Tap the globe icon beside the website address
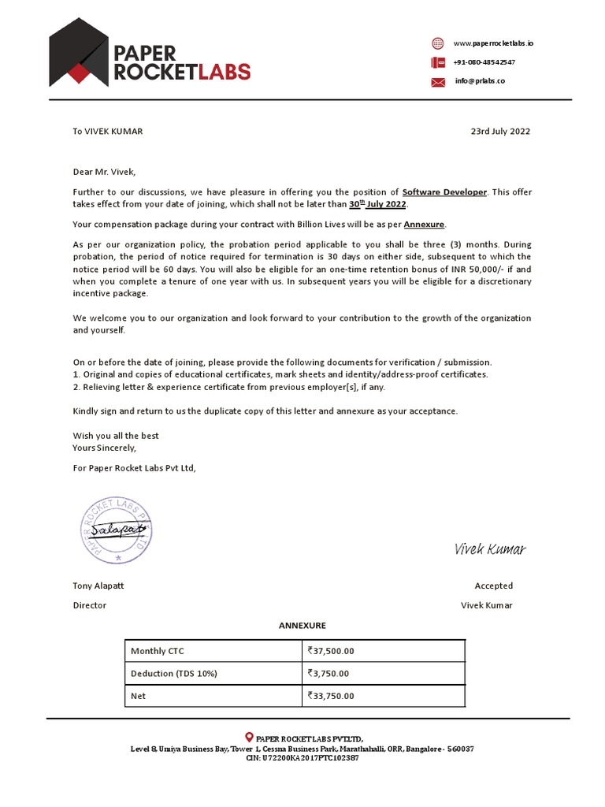pyautogui.click(x=438, y=43)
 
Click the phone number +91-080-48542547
pyautogui.click(x=484, y=62)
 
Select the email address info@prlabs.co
pyautogui.click(x=480, y=81)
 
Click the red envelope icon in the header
pyautogui.click(x=438, y=82)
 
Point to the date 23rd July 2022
pyautogui.click(x=500, y=132)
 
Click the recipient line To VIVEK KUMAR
pyautogui.click(x=108, y=132)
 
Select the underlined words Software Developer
pyautogui.click(x=444, y=192)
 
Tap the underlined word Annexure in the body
pyautogui.click(x=425, y=225)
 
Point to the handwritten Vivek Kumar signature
pyautogui.click(x=489, y=549)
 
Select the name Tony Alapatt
pyautogui.click(x=98, y=586)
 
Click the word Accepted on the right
pyautogui.click(x=493, y=586)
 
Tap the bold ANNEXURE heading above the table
pyautogui.click(x=302, y=626)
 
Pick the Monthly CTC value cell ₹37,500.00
pyautogui.click(x=332, y=651)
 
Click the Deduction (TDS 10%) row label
pyautogui.click(x=173, y=674)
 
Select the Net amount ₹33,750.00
pyautogui.click(x=332, y=697)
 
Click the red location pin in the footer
pyautogui.click(x=250, y=736)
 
